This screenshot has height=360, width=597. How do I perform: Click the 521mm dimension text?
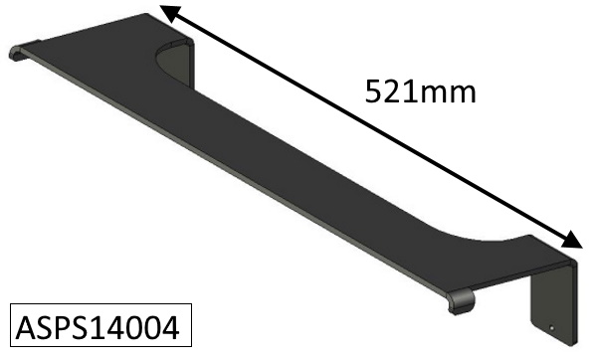pos(420,91)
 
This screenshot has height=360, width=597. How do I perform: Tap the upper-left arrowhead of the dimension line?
pos(170,14)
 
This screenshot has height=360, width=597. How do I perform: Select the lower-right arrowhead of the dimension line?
pos(571,240)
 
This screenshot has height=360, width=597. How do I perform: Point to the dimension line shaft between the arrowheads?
pos(371,126)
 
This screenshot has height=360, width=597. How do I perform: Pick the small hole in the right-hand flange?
pos(551,327)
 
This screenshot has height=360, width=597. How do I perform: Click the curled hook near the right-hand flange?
pos(462,301)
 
